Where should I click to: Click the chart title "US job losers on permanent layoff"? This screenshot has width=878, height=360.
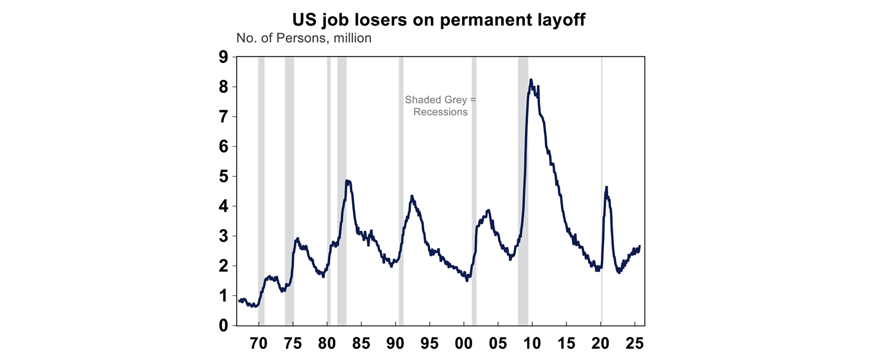click(x=438, y=20)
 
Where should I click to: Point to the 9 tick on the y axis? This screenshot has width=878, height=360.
click(x=222, y=57)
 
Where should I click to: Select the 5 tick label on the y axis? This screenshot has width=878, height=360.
click(x=222, y=177)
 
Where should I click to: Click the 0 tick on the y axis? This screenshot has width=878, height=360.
click(x=222, y=326)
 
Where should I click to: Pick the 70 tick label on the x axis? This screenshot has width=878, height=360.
click(x=259, y=343)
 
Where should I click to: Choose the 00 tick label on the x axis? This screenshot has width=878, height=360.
click(x=464, y=343)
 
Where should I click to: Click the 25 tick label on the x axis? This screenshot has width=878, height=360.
click(x=634, y=343)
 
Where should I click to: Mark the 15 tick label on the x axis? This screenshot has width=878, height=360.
click(x=566, y=343)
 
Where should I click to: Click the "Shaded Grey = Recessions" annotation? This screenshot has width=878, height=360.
click(x=440, y=106)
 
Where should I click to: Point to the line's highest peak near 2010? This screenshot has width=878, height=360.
click(x=531, y=80)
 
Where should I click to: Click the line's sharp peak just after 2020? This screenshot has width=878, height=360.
click(x=606, y=187)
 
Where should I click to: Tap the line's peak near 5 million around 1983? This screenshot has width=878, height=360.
click(x=348, y=181)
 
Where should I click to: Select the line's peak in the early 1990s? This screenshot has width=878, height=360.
click(x=412, y=196)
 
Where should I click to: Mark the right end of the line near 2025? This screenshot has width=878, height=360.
click(x=640, y=246)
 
